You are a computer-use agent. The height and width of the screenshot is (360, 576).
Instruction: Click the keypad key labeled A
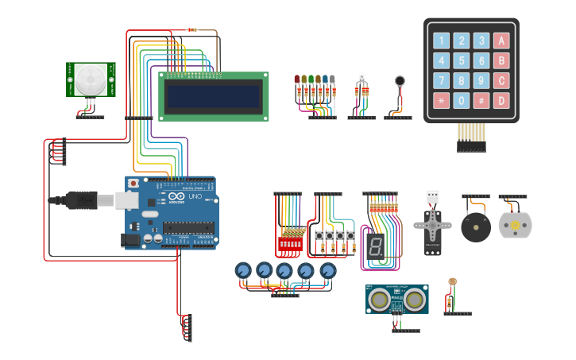coord(501,41)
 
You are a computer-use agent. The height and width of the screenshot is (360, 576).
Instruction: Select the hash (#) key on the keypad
coord(481,101)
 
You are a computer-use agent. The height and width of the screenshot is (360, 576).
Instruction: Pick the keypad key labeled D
coord(501,101)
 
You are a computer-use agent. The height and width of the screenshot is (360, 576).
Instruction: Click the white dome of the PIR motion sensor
coord(89,78)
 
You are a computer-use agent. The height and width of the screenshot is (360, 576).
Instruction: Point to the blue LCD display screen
coord(213,97)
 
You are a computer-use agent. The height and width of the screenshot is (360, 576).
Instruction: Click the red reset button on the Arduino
coord(133,184)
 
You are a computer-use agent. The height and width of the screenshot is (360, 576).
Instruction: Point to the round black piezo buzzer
coord(476,229)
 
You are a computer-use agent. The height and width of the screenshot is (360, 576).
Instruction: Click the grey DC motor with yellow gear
coord(515,226)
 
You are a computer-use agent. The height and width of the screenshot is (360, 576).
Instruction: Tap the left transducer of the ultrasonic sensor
coord(381,300)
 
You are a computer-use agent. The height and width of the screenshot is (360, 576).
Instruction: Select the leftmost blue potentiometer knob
coord(243,271)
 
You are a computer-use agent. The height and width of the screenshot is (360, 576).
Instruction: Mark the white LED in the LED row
coord(334,79)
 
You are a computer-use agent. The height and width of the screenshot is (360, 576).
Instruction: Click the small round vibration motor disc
coord(400,80)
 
